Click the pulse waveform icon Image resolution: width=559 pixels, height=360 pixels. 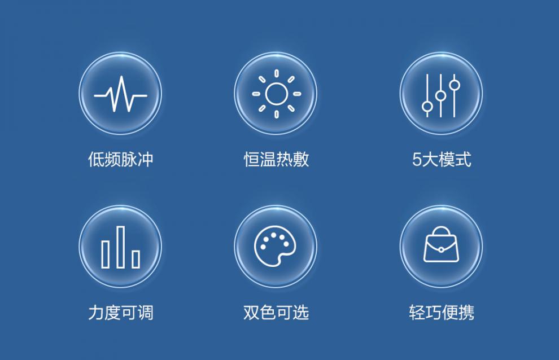click(120, 94)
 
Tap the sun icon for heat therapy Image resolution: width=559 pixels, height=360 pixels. click(276, 94)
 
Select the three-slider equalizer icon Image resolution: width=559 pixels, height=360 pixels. click(441, 95)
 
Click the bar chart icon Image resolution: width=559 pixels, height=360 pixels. click(120, 247)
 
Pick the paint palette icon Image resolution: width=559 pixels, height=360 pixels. click(274, 246)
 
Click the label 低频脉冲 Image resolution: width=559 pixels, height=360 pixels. click(120, 159)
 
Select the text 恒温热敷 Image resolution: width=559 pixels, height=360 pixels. click(276, 159)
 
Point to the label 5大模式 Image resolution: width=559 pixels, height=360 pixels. click(442, 159)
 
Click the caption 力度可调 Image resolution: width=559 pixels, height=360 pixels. click(120, 313)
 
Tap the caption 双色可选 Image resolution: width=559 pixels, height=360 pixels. click(276, 313)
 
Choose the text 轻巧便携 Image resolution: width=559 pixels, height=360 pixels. click(442, 313)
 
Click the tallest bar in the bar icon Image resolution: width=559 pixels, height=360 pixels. click(121, 247)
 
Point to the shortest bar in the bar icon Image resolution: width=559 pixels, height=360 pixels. click(136, 259)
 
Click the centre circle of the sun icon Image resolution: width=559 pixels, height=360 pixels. click(276, 94)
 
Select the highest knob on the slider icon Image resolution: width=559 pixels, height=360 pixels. click(454, 85)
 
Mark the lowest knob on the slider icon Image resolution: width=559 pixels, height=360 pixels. click(427, 106)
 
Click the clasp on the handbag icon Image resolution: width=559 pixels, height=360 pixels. click(441, 250)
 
